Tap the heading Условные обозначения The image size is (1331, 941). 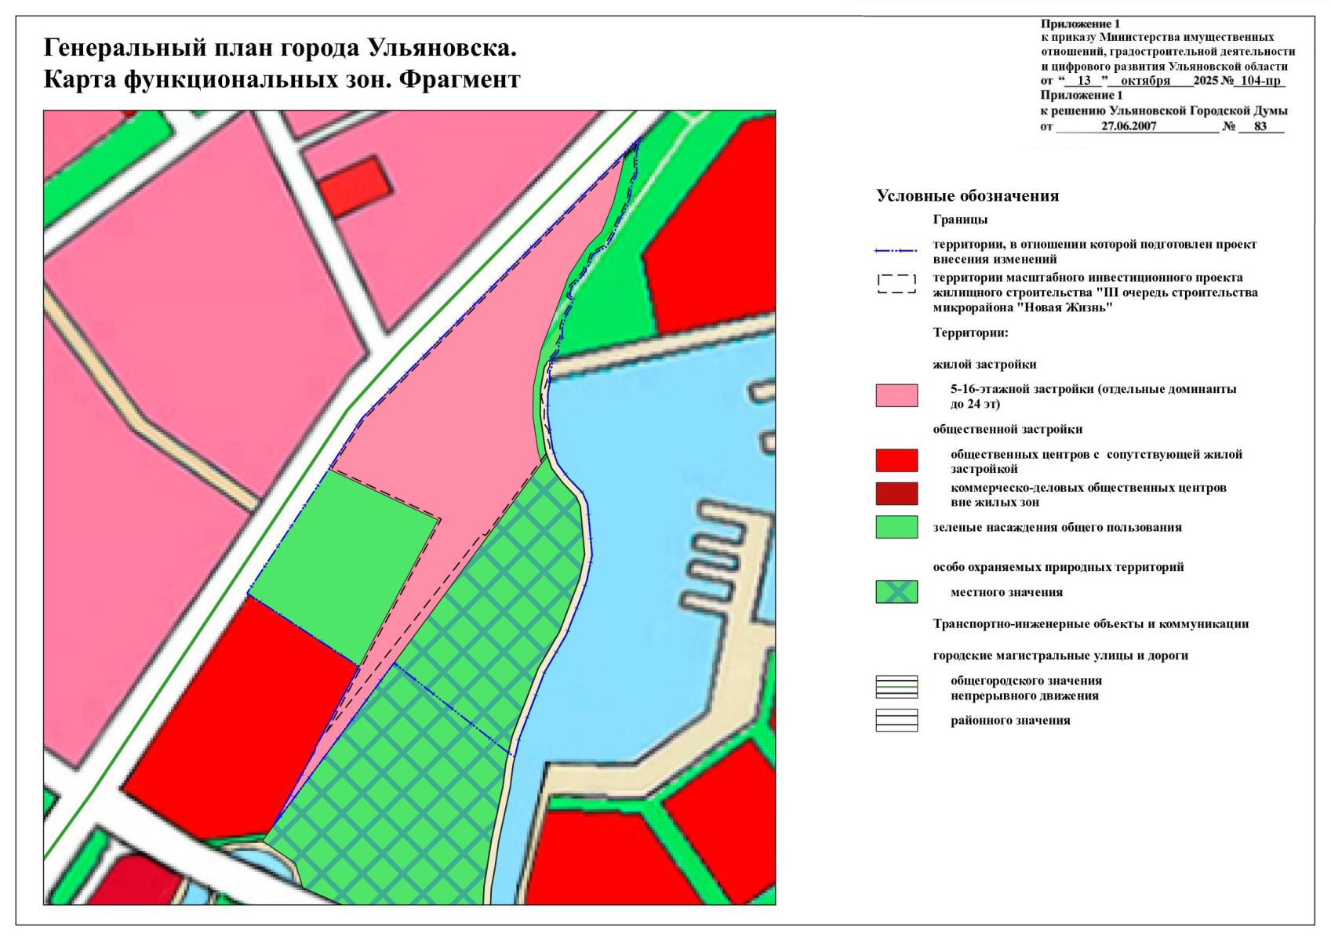[x=967, y=196]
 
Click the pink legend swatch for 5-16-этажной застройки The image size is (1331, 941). [x=896, y=395]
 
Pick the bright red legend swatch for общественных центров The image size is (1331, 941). [x=896, y=460]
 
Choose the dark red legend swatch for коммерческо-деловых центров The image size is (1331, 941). [x=896, y=494]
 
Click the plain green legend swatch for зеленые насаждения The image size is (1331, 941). [x=896, y=527]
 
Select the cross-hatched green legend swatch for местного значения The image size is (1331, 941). [x=896, y=592]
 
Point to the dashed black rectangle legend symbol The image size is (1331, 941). [x=896, y=284]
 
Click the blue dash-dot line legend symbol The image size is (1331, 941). [x=896, y=251]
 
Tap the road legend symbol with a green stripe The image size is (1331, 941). [x=896, y=687]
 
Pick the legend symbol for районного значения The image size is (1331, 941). [x=896, y=720]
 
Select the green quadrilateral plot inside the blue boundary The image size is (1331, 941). [x=342, y=565]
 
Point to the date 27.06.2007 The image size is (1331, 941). [x=1129, y=126]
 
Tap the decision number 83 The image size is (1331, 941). [x=1260, y=126]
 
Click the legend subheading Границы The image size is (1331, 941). [x=960, y=220]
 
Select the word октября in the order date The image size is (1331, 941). [x=1145, y=81]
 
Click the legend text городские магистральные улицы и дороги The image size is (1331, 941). [x=1060, y=656]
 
